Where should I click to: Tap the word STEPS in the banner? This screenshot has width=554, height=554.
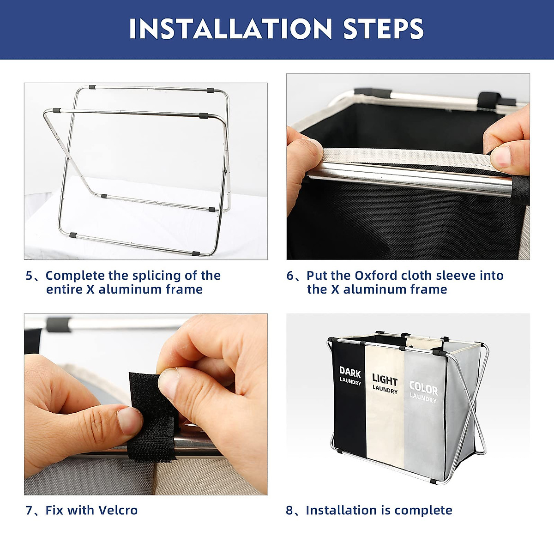(x=384, y=29)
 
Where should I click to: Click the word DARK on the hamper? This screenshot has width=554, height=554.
(x=350, y=372)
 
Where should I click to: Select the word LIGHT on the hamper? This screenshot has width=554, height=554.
(x=385, y=380)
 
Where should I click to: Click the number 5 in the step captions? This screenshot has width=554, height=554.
(x=30, y=276)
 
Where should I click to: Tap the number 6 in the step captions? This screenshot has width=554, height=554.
(x=290, y=276)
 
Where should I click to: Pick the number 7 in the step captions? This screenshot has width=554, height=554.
(x=30, y=511)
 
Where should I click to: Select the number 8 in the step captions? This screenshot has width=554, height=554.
(x=289, y=511)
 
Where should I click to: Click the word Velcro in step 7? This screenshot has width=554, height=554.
(x=118, y=511)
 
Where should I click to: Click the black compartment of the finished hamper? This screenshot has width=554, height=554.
(x=349, y=403)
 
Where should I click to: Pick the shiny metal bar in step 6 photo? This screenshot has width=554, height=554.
(x=408, y=178)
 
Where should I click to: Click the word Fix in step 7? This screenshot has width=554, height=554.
(x=54, y=511)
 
